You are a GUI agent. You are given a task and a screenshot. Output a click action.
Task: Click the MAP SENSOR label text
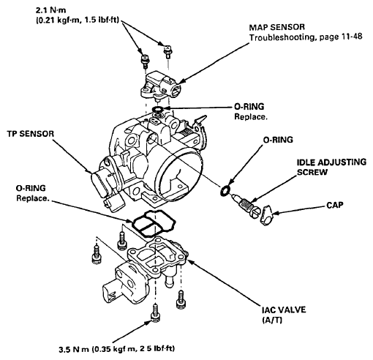276,27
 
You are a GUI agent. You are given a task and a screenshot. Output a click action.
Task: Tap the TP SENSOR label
31,134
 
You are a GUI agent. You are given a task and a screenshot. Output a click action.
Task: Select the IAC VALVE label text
284,310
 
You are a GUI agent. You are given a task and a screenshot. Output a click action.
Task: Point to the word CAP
334,205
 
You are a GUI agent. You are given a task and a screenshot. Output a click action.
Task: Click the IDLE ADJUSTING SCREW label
331,167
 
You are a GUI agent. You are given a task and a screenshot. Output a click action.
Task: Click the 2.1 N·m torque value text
50,10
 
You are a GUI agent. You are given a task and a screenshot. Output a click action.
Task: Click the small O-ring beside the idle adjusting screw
225,191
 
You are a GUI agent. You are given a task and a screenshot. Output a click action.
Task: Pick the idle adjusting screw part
246,206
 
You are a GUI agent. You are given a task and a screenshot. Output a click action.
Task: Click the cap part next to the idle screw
267,215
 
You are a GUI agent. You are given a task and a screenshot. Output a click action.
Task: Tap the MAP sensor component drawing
161,86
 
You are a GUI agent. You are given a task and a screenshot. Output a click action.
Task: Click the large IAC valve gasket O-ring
154,223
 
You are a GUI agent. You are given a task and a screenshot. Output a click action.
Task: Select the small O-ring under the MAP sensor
157,109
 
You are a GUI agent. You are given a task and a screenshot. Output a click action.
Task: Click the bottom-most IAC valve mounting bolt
155,313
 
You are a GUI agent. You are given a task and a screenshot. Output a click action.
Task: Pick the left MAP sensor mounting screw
145,61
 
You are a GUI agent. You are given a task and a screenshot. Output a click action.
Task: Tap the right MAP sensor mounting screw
167,51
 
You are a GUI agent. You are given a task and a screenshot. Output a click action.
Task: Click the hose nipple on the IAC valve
168,280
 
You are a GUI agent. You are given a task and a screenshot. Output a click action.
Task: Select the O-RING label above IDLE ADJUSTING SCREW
278,140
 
